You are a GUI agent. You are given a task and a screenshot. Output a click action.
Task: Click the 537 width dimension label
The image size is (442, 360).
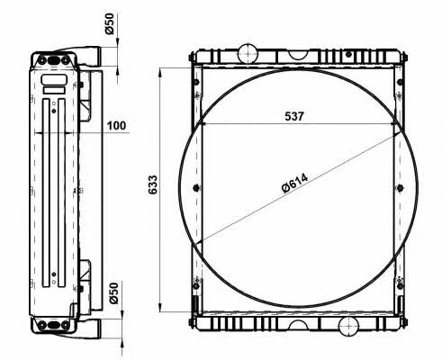(x=294, y=116)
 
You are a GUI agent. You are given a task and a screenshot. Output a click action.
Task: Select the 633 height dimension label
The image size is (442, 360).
(x=153, y=184)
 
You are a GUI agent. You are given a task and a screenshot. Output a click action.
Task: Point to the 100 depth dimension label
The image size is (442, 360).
(x=117, y=125)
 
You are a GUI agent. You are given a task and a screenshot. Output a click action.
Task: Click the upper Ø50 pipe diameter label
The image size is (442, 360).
(x=110, y=23)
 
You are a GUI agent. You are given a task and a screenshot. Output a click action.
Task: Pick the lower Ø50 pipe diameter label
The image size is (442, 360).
(x=114, y=293)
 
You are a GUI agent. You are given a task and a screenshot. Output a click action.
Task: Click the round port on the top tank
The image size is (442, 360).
(x=248, y=53)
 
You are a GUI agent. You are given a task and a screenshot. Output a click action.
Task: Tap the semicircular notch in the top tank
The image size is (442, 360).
(x=299, y=55)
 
